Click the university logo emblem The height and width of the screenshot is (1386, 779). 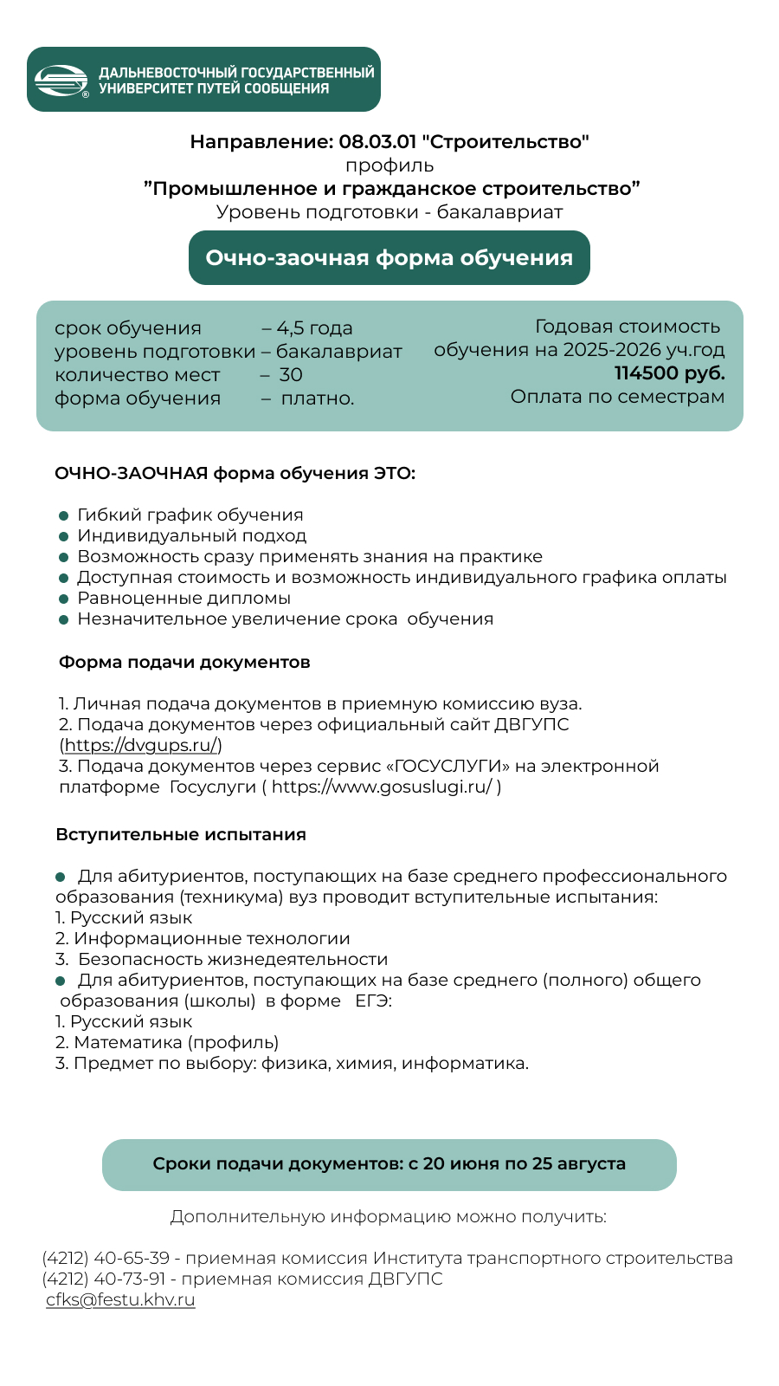61,81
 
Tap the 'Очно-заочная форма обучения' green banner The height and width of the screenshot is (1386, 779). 389,258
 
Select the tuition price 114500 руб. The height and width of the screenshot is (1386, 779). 669,373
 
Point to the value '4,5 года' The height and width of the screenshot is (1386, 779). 314,328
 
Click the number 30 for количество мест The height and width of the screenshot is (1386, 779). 291,375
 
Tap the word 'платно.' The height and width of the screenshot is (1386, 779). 318,398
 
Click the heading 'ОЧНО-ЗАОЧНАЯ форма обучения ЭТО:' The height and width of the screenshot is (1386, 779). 235,473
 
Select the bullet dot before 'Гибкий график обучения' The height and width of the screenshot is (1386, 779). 63,515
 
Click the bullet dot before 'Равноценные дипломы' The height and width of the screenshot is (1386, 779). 63,599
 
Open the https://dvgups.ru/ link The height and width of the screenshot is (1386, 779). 140,745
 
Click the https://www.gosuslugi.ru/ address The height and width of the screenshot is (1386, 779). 382,787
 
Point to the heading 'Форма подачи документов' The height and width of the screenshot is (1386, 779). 184,663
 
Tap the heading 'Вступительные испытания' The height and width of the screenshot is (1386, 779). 181,835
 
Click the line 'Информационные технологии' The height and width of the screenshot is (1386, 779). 211,938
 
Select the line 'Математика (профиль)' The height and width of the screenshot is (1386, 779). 176,1042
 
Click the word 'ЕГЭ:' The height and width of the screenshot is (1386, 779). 373,1001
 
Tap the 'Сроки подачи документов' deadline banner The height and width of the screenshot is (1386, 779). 389,1164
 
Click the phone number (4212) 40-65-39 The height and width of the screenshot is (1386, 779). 106,1258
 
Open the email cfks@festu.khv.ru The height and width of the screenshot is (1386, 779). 120,1299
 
